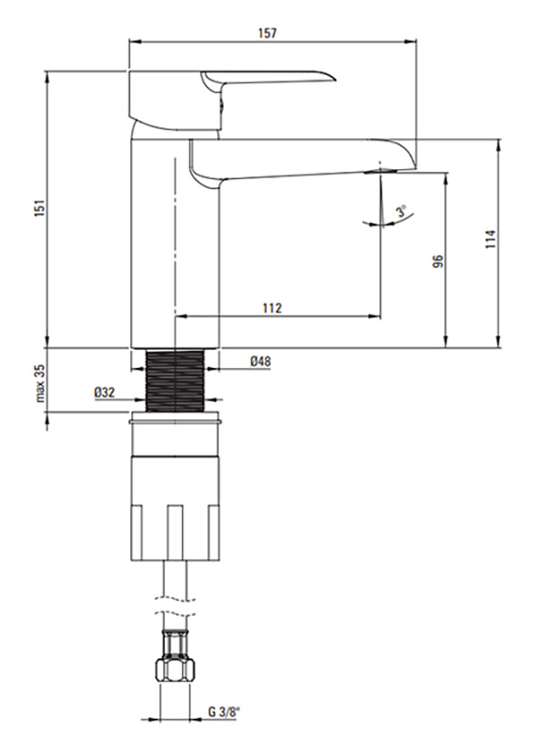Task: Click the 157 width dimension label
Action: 267,33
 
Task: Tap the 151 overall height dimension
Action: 40,208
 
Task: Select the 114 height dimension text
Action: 491,239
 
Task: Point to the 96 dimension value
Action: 437,261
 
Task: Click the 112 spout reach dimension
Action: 272,308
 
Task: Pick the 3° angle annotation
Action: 401,211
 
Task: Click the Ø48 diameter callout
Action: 261,361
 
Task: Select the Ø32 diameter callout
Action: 104,392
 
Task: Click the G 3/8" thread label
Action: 224,712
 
